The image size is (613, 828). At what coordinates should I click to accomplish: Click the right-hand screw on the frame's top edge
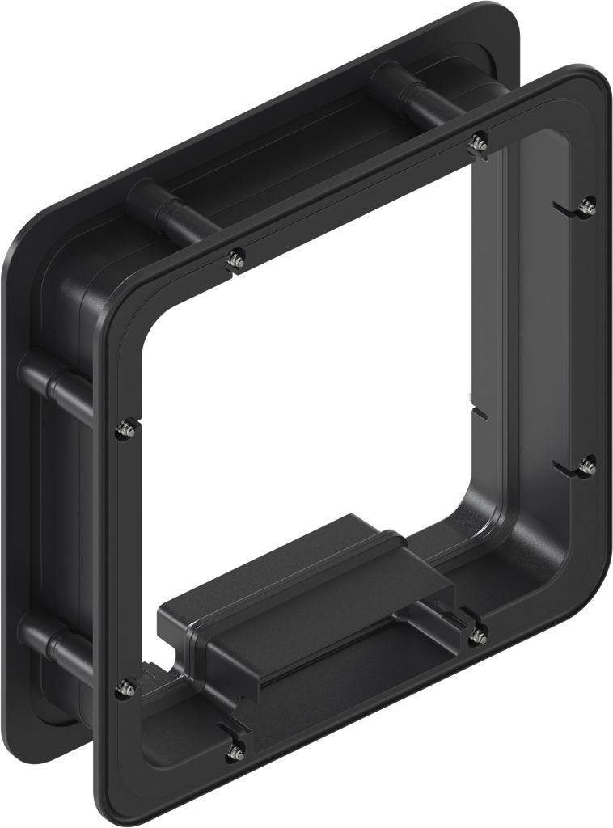click(x=477, y=141)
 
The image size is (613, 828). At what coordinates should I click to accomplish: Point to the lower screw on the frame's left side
click(x=126, y=688)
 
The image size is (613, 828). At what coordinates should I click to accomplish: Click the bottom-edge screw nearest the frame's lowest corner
click(x=235, y=751)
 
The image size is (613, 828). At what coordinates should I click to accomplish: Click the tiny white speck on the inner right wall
click(x=471, y=396)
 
